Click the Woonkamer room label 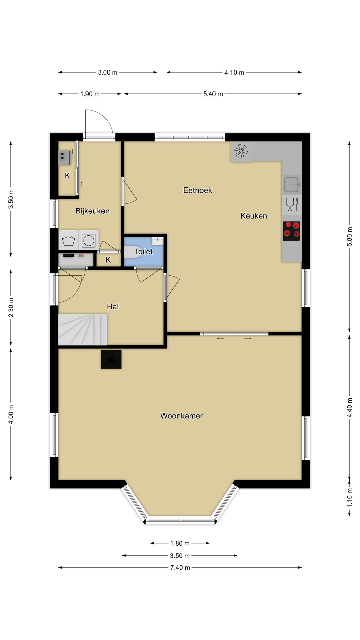(181, 416)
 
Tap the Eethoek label (198, 190)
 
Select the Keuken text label (254, 216)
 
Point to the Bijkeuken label (92, 211)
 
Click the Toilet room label (144, 252)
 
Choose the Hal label (113, 307)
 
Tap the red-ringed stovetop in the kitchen (292, 231)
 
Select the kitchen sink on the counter (292, 184)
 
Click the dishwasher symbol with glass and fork (292, 205)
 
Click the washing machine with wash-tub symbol (69, 240)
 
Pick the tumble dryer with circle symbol (89, 240)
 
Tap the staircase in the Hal (83, 330)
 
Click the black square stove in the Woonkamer (111, 359)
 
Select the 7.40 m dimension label (180, 568)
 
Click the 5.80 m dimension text (349, 237)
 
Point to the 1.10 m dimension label (349, 498)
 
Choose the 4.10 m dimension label (234, 72)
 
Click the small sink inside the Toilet (157, 240)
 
